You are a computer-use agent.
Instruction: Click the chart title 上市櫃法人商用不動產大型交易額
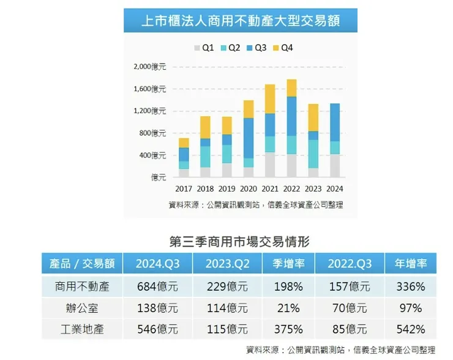[x=240, y=21]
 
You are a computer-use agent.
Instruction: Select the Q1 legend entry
[x=204, y=47]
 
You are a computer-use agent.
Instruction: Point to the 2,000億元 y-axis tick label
[x=150, y=66]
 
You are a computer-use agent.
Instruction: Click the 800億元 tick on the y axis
[x=152, y=133]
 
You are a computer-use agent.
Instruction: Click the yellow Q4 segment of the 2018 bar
[x=205, y=127]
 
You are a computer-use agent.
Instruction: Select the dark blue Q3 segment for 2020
[x=249, y=138]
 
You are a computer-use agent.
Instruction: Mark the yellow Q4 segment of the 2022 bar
[x=291, y=88]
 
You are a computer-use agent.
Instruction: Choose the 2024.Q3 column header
[x=157, y=264]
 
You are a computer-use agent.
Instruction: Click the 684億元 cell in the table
[x=157, y=287]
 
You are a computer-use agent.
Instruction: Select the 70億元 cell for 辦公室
[x=349, y=308]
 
